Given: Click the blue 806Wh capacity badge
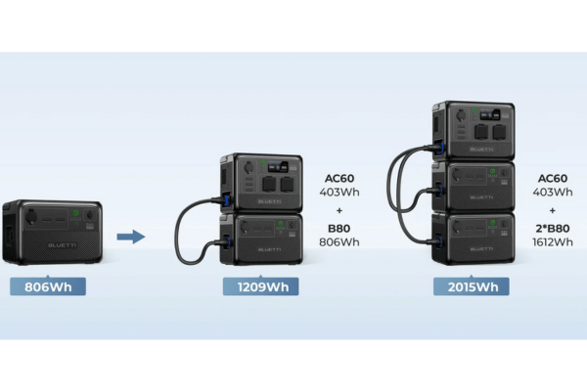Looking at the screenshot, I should [x=48, y=286].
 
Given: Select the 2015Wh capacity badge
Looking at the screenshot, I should [x=472, y=286].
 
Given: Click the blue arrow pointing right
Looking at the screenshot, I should [x=130, y=236].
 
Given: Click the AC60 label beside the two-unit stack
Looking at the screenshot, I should [x=341, y=179].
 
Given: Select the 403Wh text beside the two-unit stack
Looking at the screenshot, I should [x=341, y=194].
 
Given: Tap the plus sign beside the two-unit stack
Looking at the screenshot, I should [x=341, y=210].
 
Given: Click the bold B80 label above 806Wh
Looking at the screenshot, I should [x=341, y=227].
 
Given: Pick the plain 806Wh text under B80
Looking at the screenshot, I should [x=341, y=241].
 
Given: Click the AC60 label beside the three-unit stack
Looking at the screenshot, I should [x=553, y=179].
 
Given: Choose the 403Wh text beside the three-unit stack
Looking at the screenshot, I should [x=553, y=194].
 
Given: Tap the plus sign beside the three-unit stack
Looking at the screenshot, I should [x=553, y=210].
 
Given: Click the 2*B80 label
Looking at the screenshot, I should [x=553, y=227].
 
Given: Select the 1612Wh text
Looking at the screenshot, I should [x=553, y=241].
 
